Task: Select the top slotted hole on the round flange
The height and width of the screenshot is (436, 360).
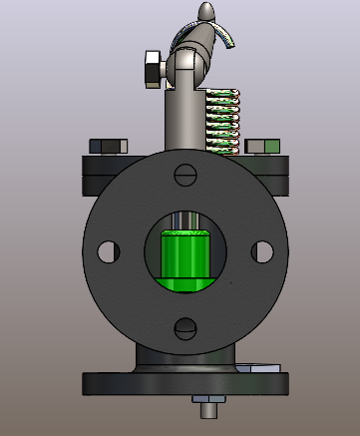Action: click(184, 174)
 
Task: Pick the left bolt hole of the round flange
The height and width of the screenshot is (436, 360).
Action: click(108, 250)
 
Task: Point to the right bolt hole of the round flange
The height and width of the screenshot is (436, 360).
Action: click(261, 250)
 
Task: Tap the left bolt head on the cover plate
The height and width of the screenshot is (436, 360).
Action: click(107, 146)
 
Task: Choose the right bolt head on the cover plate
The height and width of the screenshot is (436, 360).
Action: click(262, 147)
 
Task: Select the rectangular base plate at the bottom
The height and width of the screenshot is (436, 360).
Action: click(184, 384)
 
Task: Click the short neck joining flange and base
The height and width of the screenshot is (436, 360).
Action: click(184, 361)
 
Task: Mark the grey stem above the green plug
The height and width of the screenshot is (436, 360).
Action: click(183, 220)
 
